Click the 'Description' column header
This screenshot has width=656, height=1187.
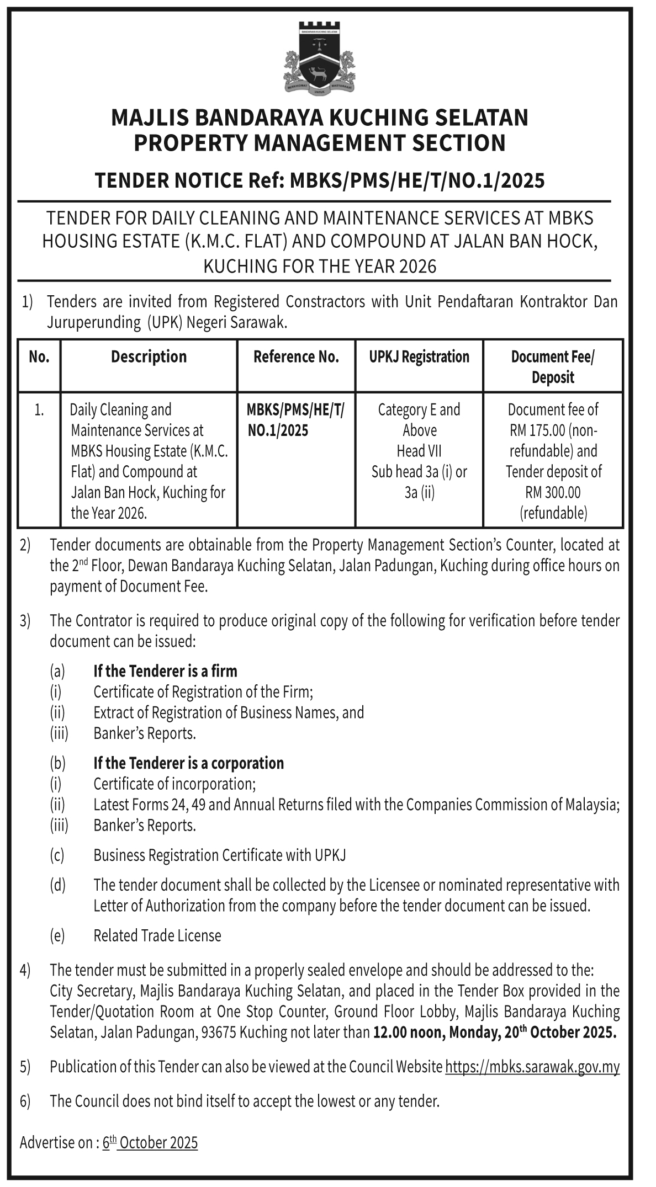click(x=149, y=357)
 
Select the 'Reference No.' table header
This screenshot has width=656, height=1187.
click(x=296, y=357)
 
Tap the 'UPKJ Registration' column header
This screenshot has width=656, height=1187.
click(x=419, y=357)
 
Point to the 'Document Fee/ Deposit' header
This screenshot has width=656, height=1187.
click(x=553, y=367)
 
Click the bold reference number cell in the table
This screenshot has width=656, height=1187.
click(x=295, y=420)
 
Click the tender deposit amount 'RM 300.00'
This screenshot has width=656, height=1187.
click(x=553, y=492)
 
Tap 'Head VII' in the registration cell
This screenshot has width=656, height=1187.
click(x=419, y=451)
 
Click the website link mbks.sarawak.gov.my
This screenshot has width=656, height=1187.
click(x=532, y=1066)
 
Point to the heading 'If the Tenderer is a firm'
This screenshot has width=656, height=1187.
click(x=165, y=671)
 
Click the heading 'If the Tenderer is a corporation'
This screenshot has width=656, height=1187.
click(x=188, y=763)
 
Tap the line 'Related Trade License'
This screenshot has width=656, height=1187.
click(x=157, y=935)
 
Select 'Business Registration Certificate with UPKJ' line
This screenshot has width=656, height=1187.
click(x=220, y=855)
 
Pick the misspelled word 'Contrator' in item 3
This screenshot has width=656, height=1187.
click(x=103, y=621)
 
